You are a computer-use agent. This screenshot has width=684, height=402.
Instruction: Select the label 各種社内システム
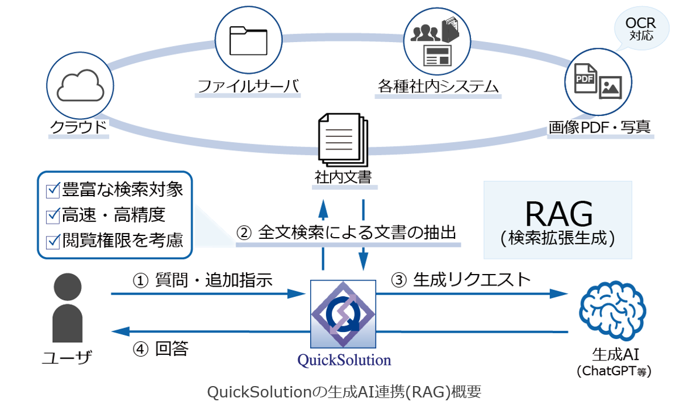[437, 86]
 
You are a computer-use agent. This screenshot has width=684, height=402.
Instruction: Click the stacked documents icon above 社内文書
[342, 138]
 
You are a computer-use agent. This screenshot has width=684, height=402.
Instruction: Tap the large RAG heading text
[558, 214]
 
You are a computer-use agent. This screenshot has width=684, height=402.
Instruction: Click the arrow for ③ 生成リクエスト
[472, 294]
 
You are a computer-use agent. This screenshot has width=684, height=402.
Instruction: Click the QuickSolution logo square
[343, 314]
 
